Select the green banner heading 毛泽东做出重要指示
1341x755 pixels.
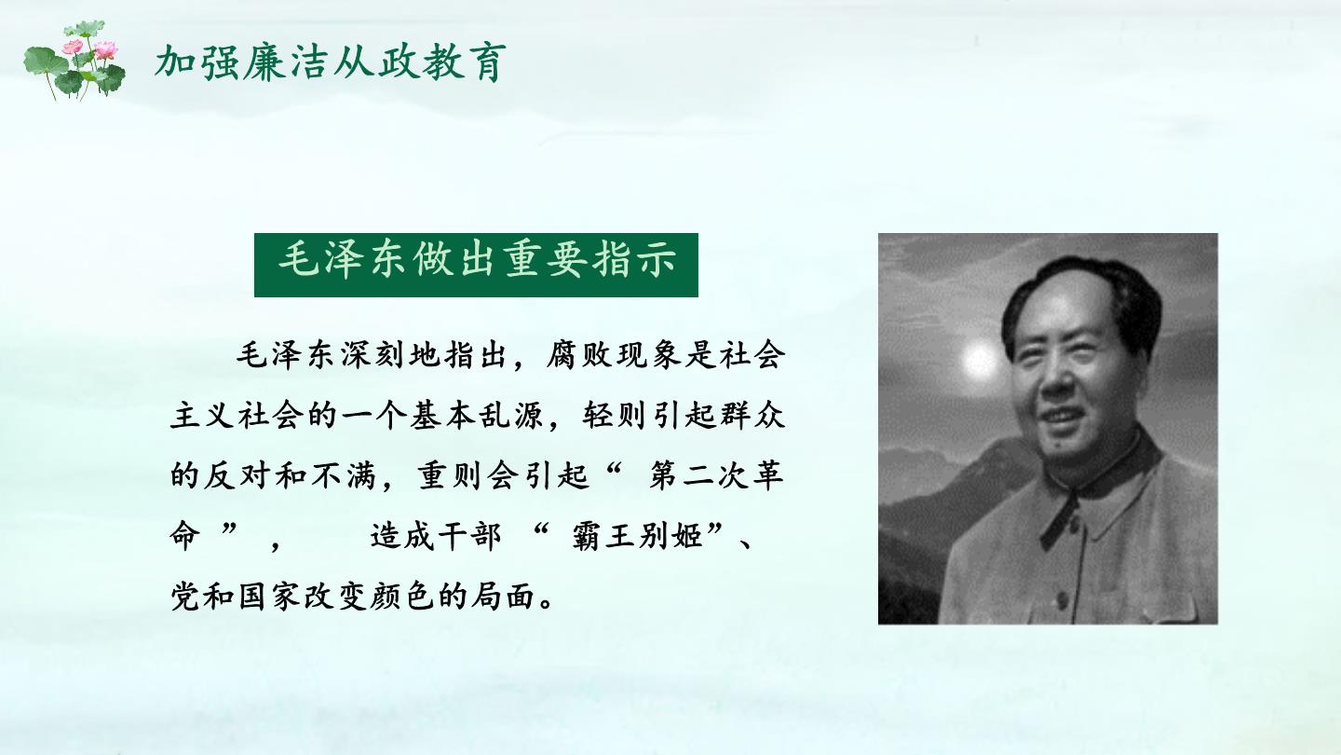476,265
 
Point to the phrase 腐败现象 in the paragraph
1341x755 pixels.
614,356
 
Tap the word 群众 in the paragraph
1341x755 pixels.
752,416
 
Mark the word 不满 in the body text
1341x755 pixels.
343,475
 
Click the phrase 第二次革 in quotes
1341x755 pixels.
717,475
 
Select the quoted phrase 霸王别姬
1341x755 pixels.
637,536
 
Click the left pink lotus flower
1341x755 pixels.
73,47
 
